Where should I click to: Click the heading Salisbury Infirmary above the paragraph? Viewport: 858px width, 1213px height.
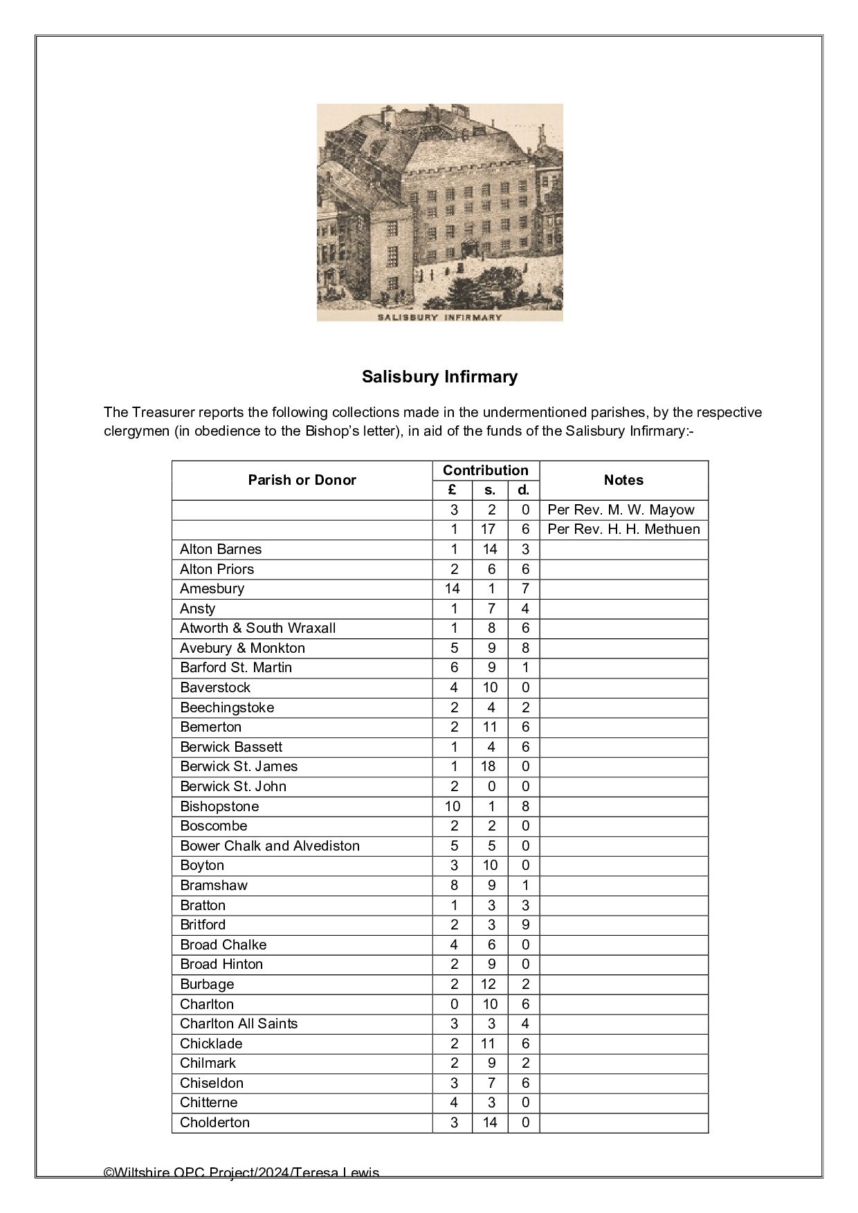[x=439, y=377]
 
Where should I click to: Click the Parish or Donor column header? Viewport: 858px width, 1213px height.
[x=302, y=480]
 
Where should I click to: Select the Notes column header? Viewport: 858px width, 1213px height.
[x=623, y=480]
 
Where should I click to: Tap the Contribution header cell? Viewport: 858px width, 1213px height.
[x=485, y=470]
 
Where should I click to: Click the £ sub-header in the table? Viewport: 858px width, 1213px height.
[x=453, y=490]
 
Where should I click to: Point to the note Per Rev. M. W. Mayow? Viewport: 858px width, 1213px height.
[x=621, y=510]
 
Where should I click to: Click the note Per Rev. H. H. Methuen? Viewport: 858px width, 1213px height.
[x=623, y=529]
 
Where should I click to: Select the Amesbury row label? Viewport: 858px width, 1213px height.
[x=212, y=589]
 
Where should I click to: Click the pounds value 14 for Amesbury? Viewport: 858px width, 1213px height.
[x=453, y=589]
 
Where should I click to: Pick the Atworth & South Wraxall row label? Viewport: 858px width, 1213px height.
[x=257, y=628]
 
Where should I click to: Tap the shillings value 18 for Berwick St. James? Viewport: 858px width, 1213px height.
[x=489, y=766]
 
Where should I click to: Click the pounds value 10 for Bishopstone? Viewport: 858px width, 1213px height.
[x=453, y=806]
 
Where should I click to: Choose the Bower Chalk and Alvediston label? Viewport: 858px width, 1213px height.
[x=270, y=846]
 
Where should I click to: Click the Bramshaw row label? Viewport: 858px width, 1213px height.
[x=213, y=885]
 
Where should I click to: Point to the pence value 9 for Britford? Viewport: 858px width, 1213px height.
[x=525, y=925]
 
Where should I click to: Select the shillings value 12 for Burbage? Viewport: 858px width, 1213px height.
[x=489, y=984]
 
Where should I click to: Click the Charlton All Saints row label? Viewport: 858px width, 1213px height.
[x=239, y=1024]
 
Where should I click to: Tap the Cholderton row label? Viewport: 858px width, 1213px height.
[x=214, y=1122]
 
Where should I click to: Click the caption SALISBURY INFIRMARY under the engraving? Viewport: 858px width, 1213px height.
[x=439, y=317]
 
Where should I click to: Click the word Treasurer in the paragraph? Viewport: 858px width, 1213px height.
[x=163, y=413]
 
